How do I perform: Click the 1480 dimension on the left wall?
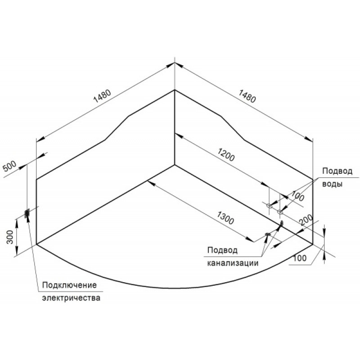tap(102, 95)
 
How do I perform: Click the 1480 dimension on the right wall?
tap(247, 96)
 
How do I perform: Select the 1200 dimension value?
tap(226, 155)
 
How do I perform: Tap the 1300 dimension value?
tap(225, 218)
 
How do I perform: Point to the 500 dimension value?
tap(9, 166)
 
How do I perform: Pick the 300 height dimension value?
tap(10, 237)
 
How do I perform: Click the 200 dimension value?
tap(306, 220)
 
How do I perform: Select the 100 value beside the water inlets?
tap(298, 196)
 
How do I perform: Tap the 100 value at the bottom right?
tap(300, 258)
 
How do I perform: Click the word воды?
tap(332, 184)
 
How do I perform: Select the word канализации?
tap(233, 263)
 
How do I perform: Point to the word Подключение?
tap(70, 285)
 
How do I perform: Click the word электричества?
tap(71, 298)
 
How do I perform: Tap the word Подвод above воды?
tap(337, 171)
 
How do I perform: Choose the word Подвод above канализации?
tap(222, 250)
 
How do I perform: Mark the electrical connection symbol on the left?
tap(27, 213)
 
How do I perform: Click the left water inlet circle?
tap(269, 206)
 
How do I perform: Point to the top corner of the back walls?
tap(175, 90)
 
